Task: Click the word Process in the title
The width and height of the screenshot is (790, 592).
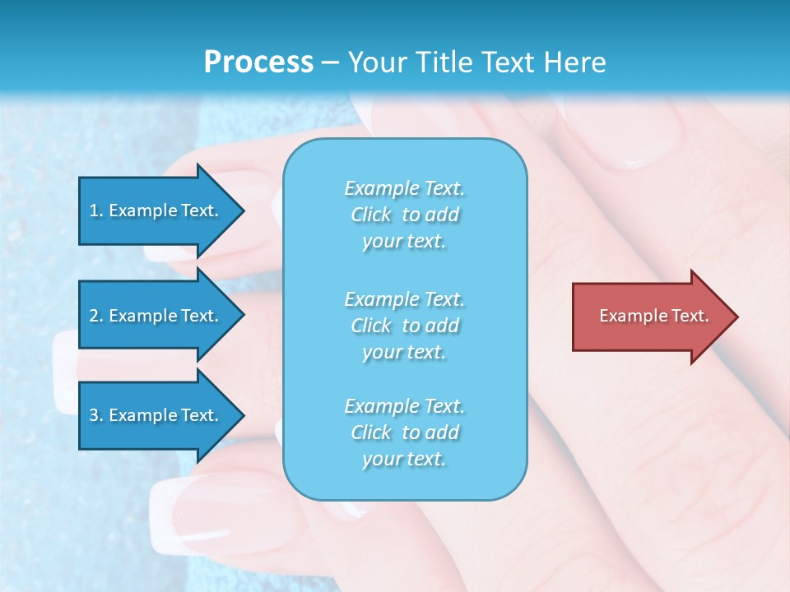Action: click(258, 62)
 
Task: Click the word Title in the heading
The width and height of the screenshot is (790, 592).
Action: click(443, 62)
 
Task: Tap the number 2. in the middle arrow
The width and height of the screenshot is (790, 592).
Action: click(96, 316)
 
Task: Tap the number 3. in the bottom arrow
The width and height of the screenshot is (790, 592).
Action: click(96, 415)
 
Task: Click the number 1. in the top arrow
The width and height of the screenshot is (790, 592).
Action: click(95, 210)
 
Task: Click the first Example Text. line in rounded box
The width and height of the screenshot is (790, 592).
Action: click(405, 188)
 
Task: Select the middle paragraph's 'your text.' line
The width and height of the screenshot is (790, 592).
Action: click(404, 352)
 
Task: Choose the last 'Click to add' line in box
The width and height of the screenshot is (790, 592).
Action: click(405, 432)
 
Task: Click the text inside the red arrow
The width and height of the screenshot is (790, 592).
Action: click(654, 316)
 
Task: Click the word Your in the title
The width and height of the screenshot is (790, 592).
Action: click(377, 62)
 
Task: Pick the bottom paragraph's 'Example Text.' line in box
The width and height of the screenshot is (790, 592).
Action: click(405, 406)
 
